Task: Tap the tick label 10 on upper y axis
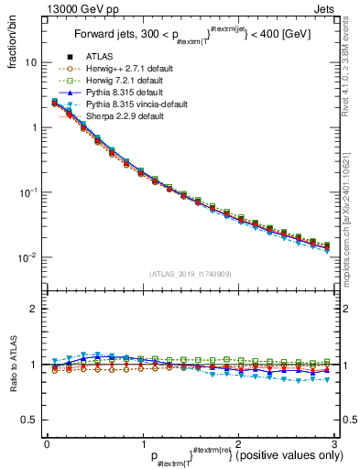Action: point(29,62)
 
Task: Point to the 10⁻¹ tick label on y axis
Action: point(27,192)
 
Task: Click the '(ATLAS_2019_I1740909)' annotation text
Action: point(191,274)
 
